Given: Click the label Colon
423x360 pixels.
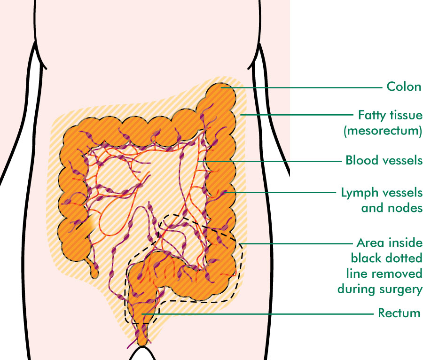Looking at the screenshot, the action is coord(404,87).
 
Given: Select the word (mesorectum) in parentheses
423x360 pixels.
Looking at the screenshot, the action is coord(383,131).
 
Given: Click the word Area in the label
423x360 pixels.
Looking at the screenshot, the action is coord(368,243).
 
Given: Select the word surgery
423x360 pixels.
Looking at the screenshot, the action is coord(401,290).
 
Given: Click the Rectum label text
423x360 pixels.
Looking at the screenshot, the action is coord(399,313).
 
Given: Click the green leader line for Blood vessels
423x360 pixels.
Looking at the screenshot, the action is coord(270,161).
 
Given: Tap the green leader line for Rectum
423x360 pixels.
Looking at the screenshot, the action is coord(258,314).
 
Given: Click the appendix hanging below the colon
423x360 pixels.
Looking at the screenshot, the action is coord(94,268).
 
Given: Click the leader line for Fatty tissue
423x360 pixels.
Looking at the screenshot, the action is coord(297,115).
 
